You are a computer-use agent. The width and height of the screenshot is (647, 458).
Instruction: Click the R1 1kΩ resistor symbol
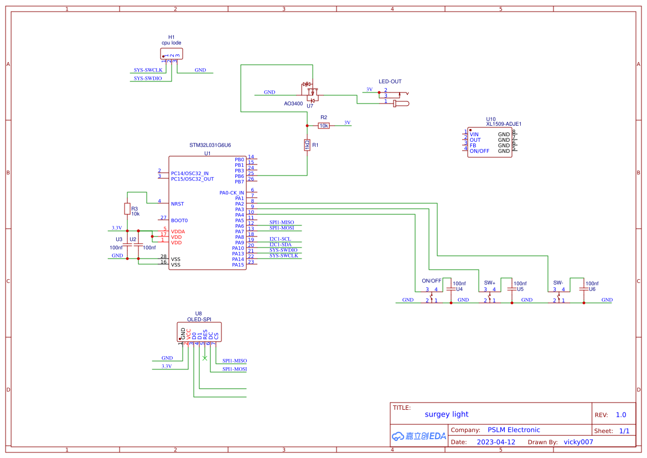pyautogui.click(x=307, y=145)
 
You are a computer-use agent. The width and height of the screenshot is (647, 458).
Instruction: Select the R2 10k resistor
pyautogui.click(x=324, y=126)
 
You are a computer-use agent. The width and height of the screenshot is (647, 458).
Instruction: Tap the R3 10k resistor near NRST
pyautogui.click(x=127, y=209)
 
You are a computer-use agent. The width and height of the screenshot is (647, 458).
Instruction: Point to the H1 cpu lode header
pyautogui.click(x=171, y=54)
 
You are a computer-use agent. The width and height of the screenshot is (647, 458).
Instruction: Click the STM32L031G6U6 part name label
pyautogui.click(x=210, y=145)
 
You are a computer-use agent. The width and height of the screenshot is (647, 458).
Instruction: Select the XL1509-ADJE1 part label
pyautogui.click(x=504, y=124)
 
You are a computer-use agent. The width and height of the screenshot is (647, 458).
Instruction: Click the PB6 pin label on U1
pyautogui.click(x=239, y=176)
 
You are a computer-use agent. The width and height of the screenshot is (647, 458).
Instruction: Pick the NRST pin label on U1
pyautogui.click(x=177, y=204)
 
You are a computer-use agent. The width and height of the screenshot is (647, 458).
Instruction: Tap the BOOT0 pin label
pyautogui.click(x=179, y=220)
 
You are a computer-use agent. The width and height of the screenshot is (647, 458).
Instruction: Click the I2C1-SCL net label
pyautogui.click(x=280, y=239)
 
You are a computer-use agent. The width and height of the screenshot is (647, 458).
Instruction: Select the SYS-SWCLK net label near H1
pyautogui.click(x=148, y=70)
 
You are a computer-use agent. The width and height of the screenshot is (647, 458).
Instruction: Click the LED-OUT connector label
pyautogui.click(x=390, y=81)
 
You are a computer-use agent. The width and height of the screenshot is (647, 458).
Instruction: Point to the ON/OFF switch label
pyautogui.click(x=431, y=280)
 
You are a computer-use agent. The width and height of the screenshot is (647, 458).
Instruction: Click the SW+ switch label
pyautogui.click(x=490, y=282)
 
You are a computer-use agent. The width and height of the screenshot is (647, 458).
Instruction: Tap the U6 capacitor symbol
pyautogui.click(x=583, y=289)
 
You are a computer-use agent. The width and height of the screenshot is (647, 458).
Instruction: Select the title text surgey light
pyautogui.click(x=446, y=414)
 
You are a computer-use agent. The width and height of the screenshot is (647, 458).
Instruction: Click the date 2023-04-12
pyautogui.click(x=496, y=442)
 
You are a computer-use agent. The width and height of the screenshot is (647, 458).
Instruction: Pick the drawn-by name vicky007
pyautogui.click(x=578, y=442)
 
